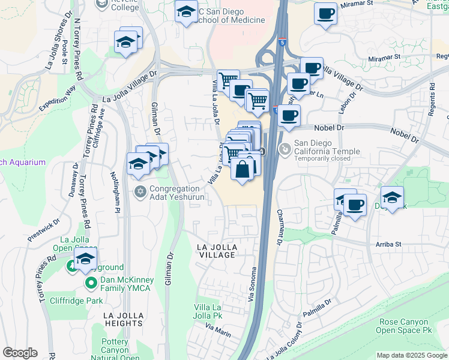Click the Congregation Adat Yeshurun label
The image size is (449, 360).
(177, 192)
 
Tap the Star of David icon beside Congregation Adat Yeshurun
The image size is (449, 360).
(140, 192)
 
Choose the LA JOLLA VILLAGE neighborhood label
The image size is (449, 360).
(218, 251)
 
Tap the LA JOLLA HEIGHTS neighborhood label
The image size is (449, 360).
(123, 319)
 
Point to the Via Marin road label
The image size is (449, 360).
(218, 328)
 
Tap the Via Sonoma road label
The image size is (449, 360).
(252, 284)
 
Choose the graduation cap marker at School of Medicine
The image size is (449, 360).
(186, 11)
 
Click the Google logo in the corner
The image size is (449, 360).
(20, 353)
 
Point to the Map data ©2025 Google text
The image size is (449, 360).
(412, 355)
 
